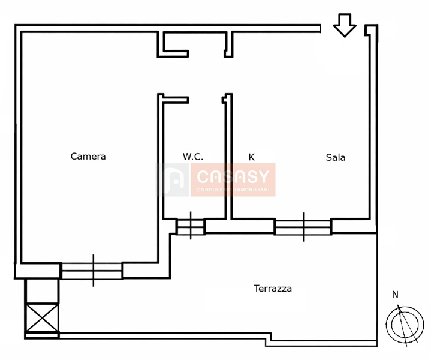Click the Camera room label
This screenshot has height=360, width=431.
pos(88,157)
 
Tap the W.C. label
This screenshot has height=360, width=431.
pos(193,157)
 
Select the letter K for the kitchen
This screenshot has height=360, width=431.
pos(251,157)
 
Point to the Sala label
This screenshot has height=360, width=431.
pos(336,157)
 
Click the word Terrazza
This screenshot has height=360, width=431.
pos(273,289)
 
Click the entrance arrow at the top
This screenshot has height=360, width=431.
pos(345,25)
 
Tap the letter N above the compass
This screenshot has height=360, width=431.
pos(395,295)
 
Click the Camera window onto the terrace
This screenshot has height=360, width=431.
pos(92,271)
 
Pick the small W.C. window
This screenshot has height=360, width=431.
pos(191,226)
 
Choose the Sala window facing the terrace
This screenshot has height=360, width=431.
pos(303,227)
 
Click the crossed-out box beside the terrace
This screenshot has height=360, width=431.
pos(42,317)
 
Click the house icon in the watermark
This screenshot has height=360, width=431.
pos(173,179)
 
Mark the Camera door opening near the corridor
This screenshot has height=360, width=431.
pos(160,76)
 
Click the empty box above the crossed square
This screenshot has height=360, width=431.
pos(42,291)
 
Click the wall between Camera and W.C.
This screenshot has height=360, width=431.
pos(161,178)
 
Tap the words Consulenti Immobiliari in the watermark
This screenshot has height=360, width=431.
pos(233,190)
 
